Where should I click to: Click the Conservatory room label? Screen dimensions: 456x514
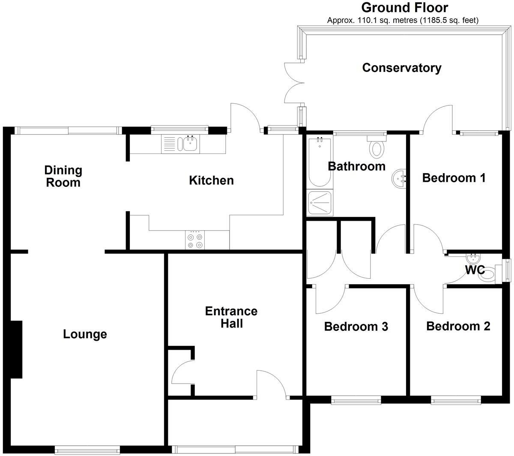[401, 68]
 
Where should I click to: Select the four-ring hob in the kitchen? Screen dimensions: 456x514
[195, 240]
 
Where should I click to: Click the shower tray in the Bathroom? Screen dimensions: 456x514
[319, 203]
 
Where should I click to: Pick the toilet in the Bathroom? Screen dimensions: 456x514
[377, 147]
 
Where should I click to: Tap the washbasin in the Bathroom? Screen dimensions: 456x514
[400, 177]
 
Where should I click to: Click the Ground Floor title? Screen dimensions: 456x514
[405, 7]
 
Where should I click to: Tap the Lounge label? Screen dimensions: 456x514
[85, 334]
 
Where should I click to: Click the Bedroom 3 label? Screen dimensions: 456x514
[356, 327]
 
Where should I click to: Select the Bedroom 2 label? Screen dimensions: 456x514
[458, 327]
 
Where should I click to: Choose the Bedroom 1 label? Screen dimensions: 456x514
[454, 178]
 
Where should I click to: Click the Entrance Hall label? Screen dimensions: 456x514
[231, 317]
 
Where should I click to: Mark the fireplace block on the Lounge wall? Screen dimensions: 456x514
[16, 349]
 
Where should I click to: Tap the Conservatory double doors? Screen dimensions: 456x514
[293, 83]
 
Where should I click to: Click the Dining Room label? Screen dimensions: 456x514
[63, 176]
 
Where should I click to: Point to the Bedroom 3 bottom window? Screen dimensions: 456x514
[356, 401]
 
